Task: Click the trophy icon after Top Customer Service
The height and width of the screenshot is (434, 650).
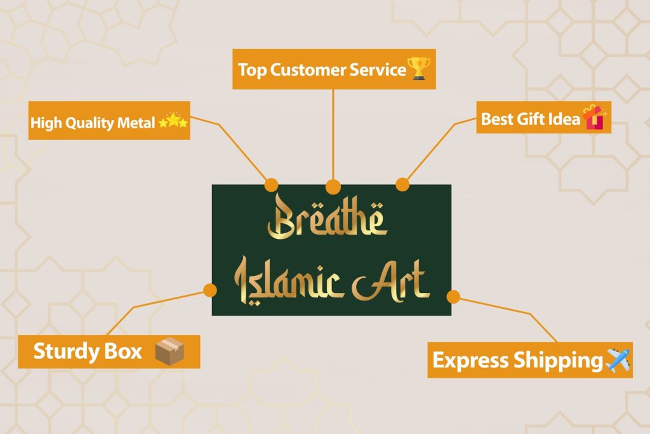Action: click(421, 69)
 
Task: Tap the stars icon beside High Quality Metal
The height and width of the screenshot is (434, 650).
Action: click(173, 121)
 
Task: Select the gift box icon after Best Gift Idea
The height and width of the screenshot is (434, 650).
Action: click(594, 118)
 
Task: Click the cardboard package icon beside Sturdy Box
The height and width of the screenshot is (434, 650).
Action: click(169, 351)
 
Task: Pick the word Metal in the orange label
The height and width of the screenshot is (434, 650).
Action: click(136, 122)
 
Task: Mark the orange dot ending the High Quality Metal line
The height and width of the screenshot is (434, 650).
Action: click(271, 185)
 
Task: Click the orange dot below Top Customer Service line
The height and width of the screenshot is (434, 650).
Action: click(333, 186)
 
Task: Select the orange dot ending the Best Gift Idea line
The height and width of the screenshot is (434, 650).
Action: click(402, 184)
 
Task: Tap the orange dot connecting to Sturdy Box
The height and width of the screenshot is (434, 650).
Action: click(210, 290)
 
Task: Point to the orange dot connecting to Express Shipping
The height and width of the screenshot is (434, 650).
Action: click(453, 296)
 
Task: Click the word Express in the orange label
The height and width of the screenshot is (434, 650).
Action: click(470, 361)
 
